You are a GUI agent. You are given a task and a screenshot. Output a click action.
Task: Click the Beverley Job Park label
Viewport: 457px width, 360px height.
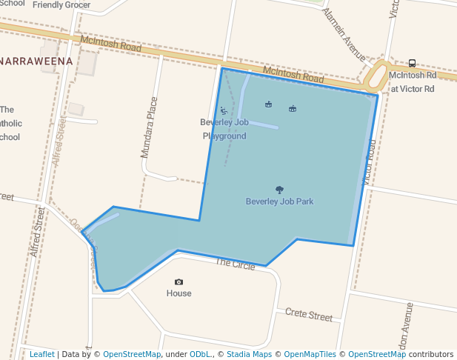coord(279,201)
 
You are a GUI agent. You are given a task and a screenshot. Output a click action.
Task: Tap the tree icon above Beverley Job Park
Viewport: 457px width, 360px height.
coord(279,190)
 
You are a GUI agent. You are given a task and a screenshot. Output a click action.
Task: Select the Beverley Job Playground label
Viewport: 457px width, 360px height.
coord(224,129)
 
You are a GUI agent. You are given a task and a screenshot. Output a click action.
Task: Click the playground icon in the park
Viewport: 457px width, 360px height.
coord(223,110)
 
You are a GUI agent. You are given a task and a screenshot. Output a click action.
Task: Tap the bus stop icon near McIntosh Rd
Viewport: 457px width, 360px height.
coord(412,63)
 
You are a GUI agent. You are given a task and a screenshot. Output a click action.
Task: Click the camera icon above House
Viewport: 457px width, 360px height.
coord(179,281)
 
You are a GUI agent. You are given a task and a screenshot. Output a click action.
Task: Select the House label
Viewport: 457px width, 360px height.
coord(179,293)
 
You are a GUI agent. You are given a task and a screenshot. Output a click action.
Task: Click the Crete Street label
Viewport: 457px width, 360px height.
coord(309,316)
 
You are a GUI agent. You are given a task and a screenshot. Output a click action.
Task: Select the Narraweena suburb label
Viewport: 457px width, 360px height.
coord(36,61)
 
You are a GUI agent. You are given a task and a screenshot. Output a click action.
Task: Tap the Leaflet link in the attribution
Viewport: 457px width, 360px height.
coord(41,354)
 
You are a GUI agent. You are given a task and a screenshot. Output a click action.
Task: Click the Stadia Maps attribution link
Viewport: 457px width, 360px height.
coord(249,354)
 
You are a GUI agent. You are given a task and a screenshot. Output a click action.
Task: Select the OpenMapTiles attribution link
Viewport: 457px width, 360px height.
coord(310,354)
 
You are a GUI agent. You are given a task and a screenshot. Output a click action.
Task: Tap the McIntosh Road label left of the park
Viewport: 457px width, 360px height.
coord(111,45)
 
